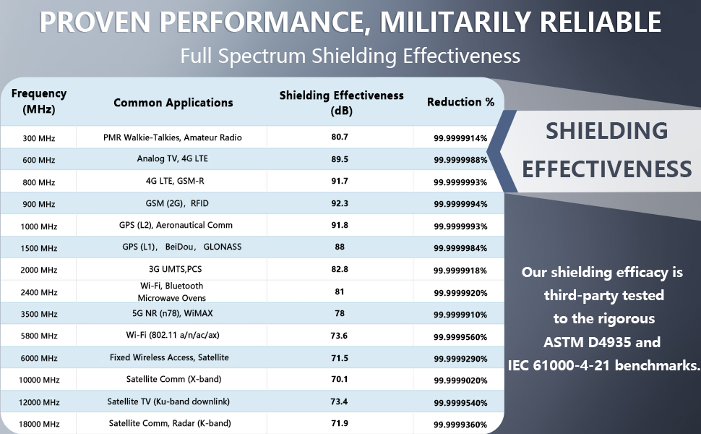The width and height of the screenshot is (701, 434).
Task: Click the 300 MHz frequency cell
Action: click(39, 138)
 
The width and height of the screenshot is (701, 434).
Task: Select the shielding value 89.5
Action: click(340, 160)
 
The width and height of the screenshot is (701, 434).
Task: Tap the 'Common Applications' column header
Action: click(173, 103)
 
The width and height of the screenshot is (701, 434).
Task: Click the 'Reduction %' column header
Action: click(460, 102)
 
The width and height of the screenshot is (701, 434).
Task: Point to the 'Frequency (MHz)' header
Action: click(39, 102)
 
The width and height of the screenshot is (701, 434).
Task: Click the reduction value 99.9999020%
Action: click(460, 380)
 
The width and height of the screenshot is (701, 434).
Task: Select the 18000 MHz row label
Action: click(39, 424)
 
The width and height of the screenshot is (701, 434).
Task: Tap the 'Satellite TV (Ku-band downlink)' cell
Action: click(173, 401)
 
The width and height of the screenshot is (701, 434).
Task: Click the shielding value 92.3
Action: click(340, 203)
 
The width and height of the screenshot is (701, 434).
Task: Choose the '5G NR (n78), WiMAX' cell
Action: click(173, 313)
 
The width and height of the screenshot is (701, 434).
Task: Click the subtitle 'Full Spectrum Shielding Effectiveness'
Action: click(350, 56)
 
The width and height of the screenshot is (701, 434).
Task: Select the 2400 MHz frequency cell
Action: click(39, 292)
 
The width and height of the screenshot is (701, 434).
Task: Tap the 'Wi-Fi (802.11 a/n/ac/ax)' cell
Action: click(173, 336)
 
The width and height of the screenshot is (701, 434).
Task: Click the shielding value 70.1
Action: click(340, 379)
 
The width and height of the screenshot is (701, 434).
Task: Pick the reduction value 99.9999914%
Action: click(460, 138)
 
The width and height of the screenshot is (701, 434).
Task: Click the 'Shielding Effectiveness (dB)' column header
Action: click(341, 102)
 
